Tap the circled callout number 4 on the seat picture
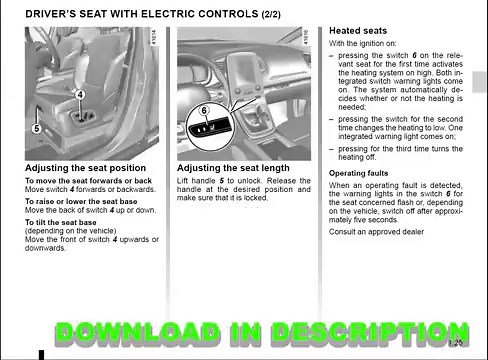[79, 93]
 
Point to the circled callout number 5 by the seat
[36, 128]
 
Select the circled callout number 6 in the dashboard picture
[204, 110]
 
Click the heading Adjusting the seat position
[85, 168]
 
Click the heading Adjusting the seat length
[233, 168]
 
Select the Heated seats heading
[359, 32]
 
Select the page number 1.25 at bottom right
[454, 344]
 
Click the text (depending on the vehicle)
[66, 233]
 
